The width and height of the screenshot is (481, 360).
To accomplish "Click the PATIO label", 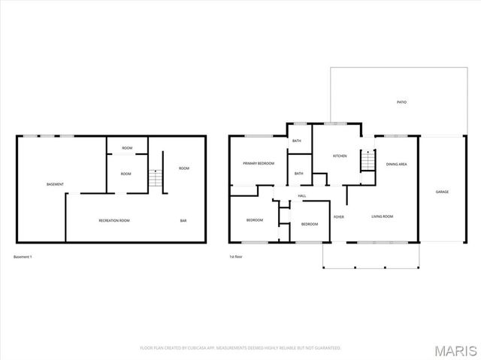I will click(402, 102).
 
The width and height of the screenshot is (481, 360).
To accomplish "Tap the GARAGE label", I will click(442, 192).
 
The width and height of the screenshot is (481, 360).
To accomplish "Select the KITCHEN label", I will click(340, 156).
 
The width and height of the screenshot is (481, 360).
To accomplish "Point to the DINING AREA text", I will click(396, 163).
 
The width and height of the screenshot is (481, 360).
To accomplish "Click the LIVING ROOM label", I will click(383, 216).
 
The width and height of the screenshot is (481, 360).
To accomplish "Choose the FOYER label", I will click(339, 216).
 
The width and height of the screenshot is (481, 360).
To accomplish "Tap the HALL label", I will click(302, 196).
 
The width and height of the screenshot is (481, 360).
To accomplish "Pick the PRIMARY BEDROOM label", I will click(258, 163).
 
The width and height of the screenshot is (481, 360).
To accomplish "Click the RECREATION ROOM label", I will click(114, 221).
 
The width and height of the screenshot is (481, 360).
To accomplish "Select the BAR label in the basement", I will click(183, 221).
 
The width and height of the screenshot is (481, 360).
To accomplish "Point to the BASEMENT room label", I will click(55, 184).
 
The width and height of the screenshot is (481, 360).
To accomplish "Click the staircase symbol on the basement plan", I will click(155, 180).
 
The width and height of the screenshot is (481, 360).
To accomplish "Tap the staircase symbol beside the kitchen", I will click(368, 161).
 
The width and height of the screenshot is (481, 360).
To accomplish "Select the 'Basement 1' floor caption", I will click(23, 257).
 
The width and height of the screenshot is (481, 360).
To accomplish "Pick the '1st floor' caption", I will click(236, 257).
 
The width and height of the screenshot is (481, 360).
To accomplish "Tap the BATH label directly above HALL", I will click(299, 174).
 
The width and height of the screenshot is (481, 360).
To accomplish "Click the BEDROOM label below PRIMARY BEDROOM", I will click(255, 220).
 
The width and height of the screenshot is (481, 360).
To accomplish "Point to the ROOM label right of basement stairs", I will click(184, 168).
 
